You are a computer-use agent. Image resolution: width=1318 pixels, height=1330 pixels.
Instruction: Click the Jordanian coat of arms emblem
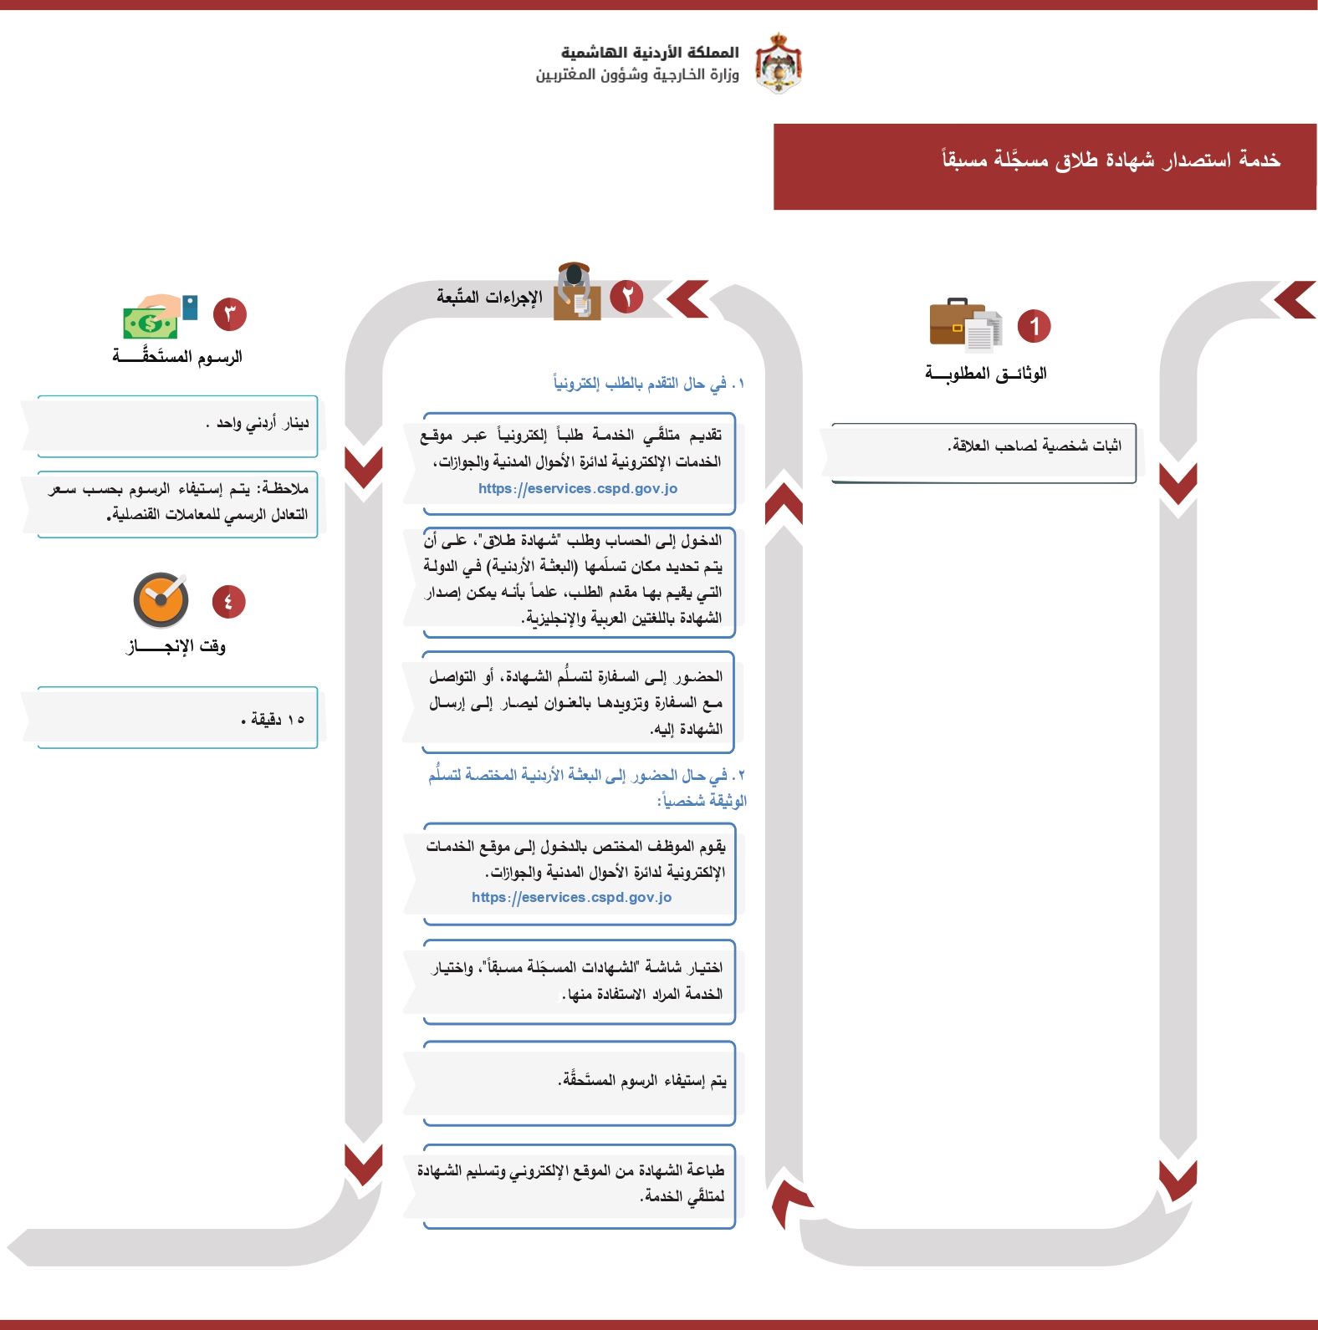778,64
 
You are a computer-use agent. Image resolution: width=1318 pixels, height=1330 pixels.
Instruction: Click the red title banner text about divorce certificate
1111,159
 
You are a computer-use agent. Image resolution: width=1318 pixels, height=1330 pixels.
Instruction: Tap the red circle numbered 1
1034,326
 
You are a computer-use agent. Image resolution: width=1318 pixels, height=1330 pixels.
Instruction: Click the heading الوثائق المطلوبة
985,373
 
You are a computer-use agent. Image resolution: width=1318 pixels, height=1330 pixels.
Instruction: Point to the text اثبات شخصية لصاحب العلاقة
1034,446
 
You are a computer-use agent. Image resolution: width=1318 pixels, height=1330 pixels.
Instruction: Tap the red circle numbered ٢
626,297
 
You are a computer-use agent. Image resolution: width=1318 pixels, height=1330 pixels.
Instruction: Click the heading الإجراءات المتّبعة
489,297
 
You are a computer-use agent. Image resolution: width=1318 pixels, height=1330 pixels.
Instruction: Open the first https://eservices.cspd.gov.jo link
578,488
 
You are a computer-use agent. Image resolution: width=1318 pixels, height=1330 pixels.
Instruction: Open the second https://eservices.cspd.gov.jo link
571,897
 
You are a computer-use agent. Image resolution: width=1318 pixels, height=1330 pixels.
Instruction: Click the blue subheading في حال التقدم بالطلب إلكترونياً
648,383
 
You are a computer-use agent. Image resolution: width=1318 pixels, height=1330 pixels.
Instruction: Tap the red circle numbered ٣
230,314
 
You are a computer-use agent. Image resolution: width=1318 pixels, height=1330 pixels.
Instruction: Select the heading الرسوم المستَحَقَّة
177,357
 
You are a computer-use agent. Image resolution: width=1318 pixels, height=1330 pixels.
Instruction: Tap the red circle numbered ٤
228,602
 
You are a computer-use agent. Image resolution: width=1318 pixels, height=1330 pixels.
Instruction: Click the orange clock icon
161,600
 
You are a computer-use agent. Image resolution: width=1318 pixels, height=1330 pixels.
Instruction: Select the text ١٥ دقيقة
273,719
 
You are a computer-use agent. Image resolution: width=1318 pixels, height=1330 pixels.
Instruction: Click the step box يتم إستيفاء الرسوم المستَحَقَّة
642,1081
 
